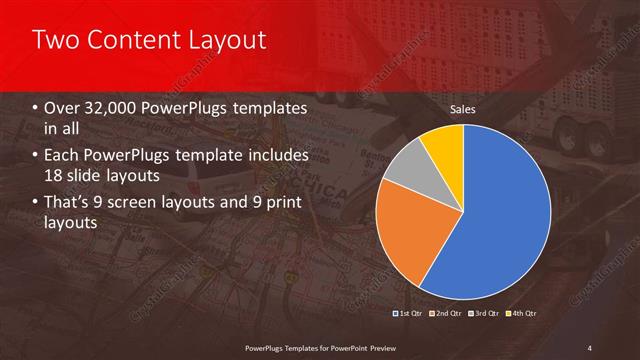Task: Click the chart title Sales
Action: [462, 108]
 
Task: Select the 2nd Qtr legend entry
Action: [445, 315]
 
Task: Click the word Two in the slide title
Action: [53, 40]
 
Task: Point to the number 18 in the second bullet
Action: [54, 176]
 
